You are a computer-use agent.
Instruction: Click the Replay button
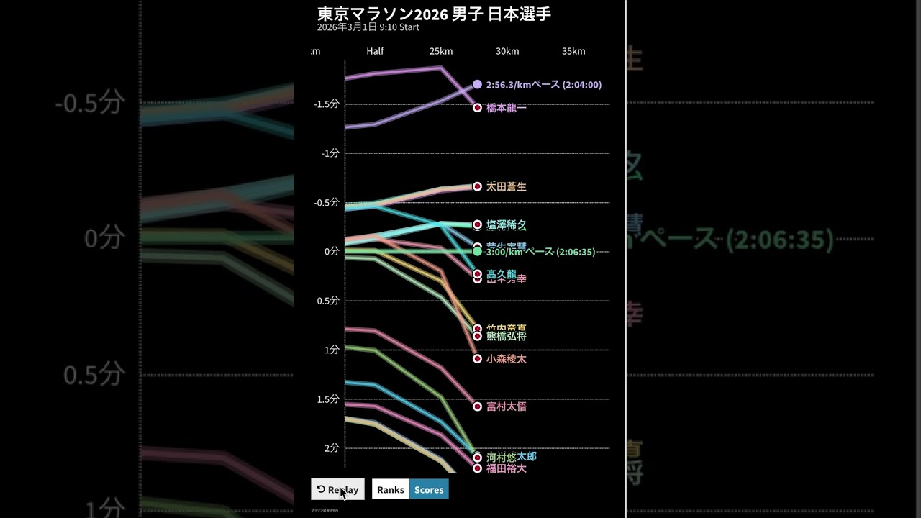pos(337,489)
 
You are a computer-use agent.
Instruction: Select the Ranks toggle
pos(391,489)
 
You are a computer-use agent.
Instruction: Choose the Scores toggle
pos(429,489)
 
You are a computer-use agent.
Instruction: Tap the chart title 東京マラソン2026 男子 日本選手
pos(434,14)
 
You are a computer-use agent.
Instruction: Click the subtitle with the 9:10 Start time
pos(368,27)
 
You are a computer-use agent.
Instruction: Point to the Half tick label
pos(375,51)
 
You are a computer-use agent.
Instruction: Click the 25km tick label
pos(441,51)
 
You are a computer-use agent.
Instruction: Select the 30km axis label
pos(507,51)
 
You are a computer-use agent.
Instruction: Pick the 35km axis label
pos(573,51)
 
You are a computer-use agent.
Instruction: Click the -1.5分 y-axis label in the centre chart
pos(327,104)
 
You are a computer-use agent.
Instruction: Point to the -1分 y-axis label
pos(330,153)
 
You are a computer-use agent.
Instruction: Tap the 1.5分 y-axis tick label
pos(328,399)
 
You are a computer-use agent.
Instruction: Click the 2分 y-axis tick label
pos(331,448)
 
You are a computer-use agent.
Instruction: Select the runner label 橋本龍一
pos(507,108)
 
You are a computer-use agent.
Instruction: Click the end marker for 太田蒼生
pos(477,186)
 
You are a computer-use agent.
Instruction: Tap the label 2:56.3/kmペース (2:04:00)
pos(543,85)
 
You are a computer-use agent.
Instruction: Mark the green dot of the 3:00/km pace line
pos(477,252)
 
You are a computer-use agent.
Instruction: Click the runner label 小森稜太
pos(507,359)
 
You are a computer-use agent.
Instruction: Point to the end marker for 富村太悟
pos(477,406)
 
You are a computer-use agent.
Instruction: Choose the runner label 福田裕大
pos(507,468)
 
